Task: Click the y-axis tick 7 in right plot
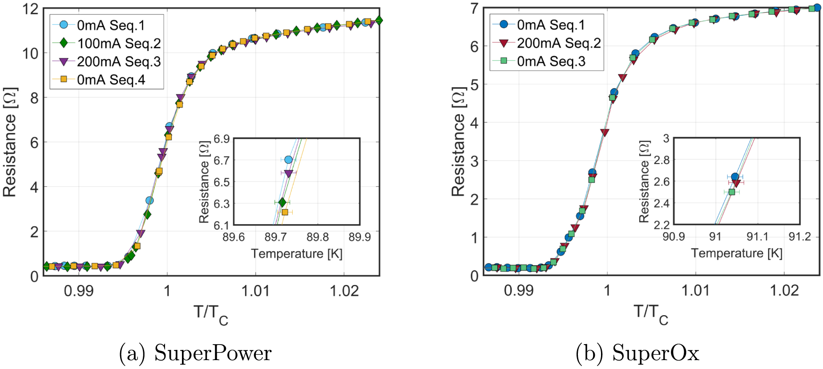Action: [x=474, y=8]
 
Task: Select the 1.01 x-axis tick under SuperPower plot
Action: [x=255, y=291]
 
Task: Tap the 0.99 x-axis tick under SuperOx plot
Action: [x=518, y=291]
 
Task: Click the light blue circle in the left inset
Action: [x=288, y=160]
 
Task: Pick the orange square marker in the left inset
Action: [x=285, y=212]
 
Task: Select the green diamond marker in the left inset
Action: [x=282, y=202]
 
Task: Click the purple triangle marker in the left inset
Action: [x=288, y=173]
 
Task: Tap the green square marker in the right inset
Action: [x=732, y=192]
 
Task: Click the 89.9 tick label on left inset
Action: [x=359, y=237]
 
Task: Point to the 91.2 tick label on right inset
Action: [x=799, y=237]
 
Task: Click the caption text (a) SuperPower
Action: [x=195, y=353]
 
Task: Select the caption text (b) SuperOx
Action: [x=637, y=353]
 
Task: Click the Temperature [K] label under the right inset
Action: [x=736, y=253]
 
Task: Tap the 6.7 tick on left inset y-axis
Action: [x=221, y=160]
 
